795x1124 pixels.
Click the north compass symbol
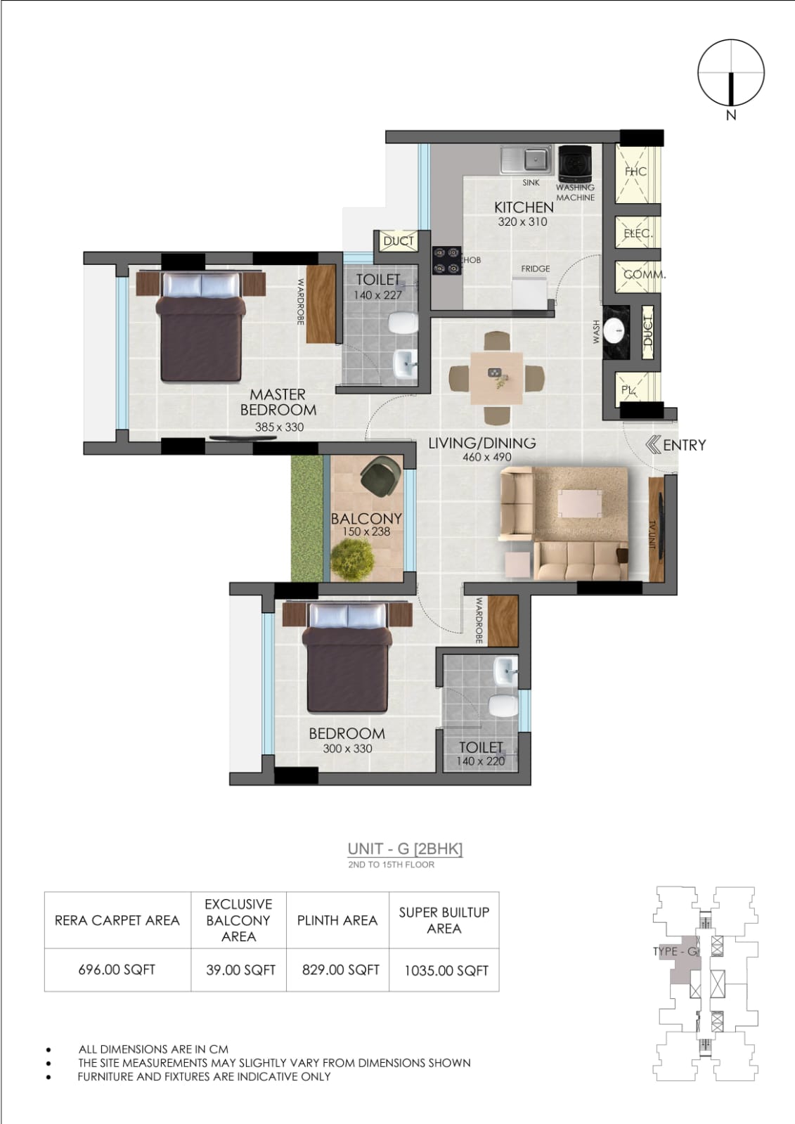point(731,73)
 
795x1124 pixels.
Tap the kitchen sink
point(526,160)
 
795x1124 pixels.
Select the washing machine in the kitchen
point(575,163)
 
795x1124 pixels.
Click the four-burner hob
point(447,260)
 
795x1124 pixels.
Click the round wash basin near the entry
point(614,331)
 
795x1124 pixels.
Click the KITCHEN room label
point(524,207)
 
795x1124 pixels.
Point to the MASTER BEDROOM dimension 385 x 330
point(279,427)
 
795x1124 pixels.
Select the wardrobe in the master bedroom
point(321,304)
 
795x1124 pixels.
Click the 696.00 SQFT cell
point(117,969)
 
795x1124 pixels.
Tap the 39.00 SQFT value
point(240,970)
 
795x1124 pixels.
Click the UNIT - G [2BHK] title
point(405,848)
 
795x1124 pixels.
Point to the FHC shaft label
point(636,172)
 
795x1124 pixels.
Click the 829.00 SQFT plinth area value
point(340,969)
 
